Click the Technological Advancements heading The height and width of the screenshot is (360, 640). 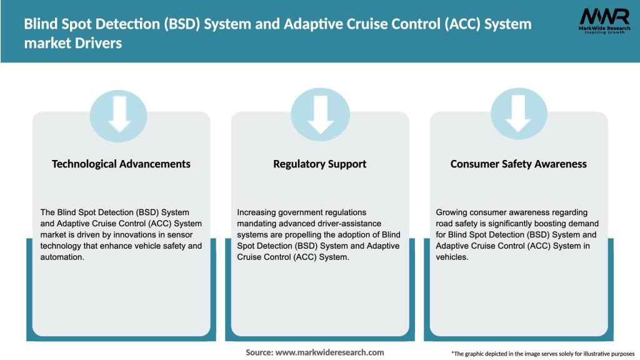coord(121,164)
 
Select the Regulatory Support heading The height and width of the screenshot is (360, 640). coord(319,164)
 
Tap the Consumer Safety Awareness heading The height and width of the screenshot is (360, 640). coord(518,164)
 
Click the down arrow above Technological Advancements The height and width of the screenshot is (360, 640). coord(119,114)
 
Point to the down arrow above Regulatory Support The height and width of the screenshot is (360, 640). coord(320,114)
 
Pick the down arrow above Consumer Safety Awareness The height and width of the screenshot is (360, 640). coord(518,114)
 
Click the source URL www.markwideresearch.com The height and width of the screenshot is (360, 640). coord(329,352)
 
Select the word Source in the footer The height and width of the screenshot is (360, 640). coord(259,352)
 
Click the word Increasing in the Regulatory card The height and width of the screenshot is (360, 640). coord(258,212)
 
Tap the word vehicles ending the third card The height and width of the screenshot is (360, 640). coord(451,257)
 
